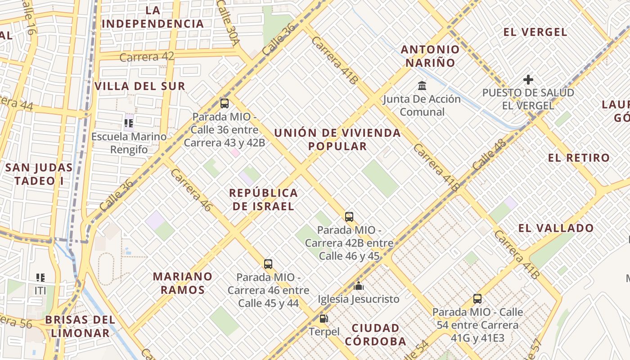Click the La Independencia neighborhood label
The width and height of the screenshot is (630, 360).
[153, 17]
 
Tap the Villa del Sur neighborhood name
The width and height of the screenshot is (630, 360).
[140, 86]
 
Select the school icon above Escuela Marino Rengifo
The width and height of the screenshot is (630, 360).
[129, 123]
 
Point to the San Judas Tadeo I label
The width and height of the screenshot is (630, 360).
[39, 174]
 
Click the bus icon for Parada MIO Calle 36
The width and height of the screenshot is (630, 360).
[225, 103]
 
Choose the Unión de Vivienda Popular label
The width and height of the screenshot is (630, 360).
[337, 139]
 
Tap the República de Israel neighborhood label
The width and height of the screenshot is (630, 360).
[263, 199]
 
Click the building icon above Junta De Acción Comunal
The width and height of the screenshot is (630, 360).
[422, 85]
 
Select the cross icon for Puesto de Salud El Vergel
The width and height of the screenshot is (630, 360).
[528, 80]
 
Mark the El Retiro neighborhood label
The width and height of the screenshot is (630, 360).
[579, 158]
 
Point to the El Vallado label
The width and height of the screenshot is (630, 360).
[556, 228]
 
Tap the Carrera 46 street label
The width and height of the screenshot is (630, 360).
[191, 190]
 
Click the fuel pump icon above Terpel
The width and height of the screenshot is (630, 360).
[323, 319]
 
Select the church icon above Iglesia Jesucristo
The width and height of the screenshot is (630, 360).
[359, 286]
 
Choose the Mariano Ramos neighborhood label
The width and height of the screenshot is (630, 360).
[182, 283]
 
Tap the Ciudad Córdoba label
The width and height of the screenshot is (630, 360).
[376, 334]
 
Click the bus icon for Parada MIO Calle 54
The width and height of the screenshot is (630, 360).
[477, 298]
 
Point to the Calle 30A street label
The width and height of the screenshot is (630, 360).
[228, 22]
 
